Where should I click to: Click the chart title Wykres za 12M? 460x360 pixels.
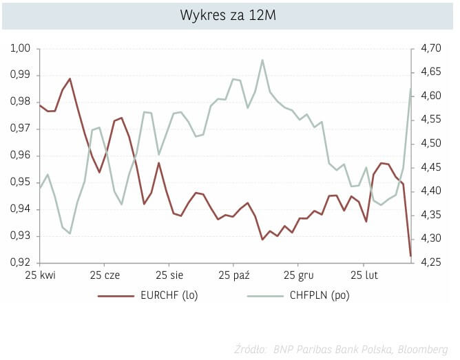coord(229,14)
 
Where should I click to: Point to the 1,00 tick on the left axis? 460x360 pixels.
coord(21,49)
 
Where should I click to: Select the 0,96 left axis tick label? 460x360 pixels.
coord(21,156)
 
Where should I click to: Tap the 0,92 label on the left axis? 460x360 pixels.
coord(21,263)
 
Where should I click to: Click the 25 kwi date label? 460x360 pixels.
coord(40,277)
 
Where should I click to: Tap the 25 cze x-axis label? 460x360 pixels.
coord(104,277)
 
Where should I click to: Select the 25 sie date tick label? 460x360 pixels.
coord(169,277)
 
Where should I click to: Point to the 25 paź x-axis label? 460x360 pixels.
coord(233,277)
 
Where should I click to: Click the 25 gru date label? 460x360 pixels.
coord(298,277)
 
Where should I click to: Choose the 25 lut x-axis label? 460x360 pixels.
coord(363,277)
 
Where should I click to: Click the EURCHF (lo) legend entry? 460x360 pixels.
coord(166,295)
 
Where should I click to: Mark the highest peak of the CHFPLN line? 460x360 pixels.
coord(262,60)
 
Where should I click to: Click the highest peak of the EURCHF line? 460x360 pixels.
coord(70,78)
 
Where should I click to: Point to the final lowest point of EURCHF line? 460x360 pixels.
coord(410,256)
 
